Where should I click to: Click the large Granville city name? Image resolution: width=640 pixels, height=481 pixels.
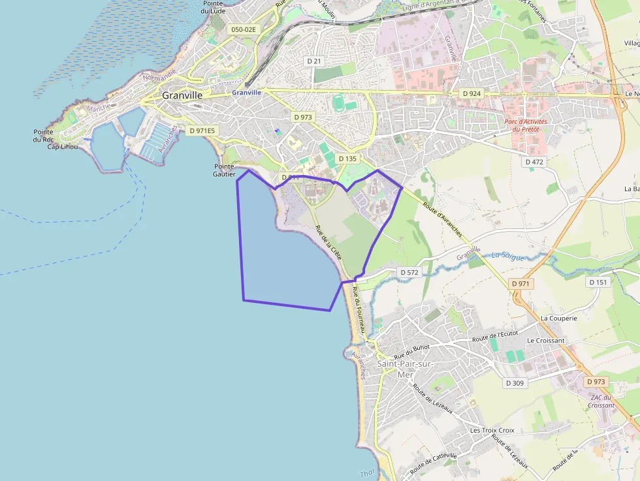(182, 95)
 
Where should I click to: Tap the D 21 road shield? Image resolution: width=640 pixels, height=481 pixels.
(314, 61)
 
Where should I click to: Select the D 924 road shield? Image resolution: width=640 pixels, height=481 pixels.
(472, 93)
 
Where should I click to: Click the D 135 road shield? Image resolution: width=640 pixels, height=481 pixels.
(348, 159)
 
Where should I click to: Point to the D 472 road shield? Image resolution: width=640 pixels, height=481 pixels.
(534, 161)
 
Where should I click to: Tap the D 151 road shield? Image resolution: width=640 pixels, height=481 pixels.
(598, 282)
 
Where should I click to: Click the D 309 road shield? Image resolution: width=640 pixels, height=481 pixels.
(515, 383)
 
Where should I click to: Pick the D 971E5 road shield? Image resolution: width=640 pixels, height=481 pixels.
(202, 131)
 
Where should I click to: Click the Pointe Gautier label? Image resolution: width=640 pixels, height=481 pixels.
(224, 170)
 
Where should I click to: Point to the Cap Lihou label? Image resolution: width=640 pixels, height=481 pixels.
(63, 147)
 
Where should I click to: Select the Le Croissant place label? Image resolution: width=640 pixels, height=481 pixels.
(545, 341)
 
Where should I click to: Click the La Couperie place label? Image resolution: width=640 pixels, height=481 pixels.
(558, 318)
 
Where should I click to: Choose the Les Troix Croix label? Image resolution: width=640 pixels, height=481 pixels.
(492, 431)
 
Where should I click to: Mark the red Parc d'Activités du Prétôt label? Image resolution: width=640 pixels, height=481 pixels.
(526, 125)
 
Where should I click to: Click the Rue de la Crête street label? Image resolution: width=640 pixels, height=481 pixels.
(328, 243)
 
